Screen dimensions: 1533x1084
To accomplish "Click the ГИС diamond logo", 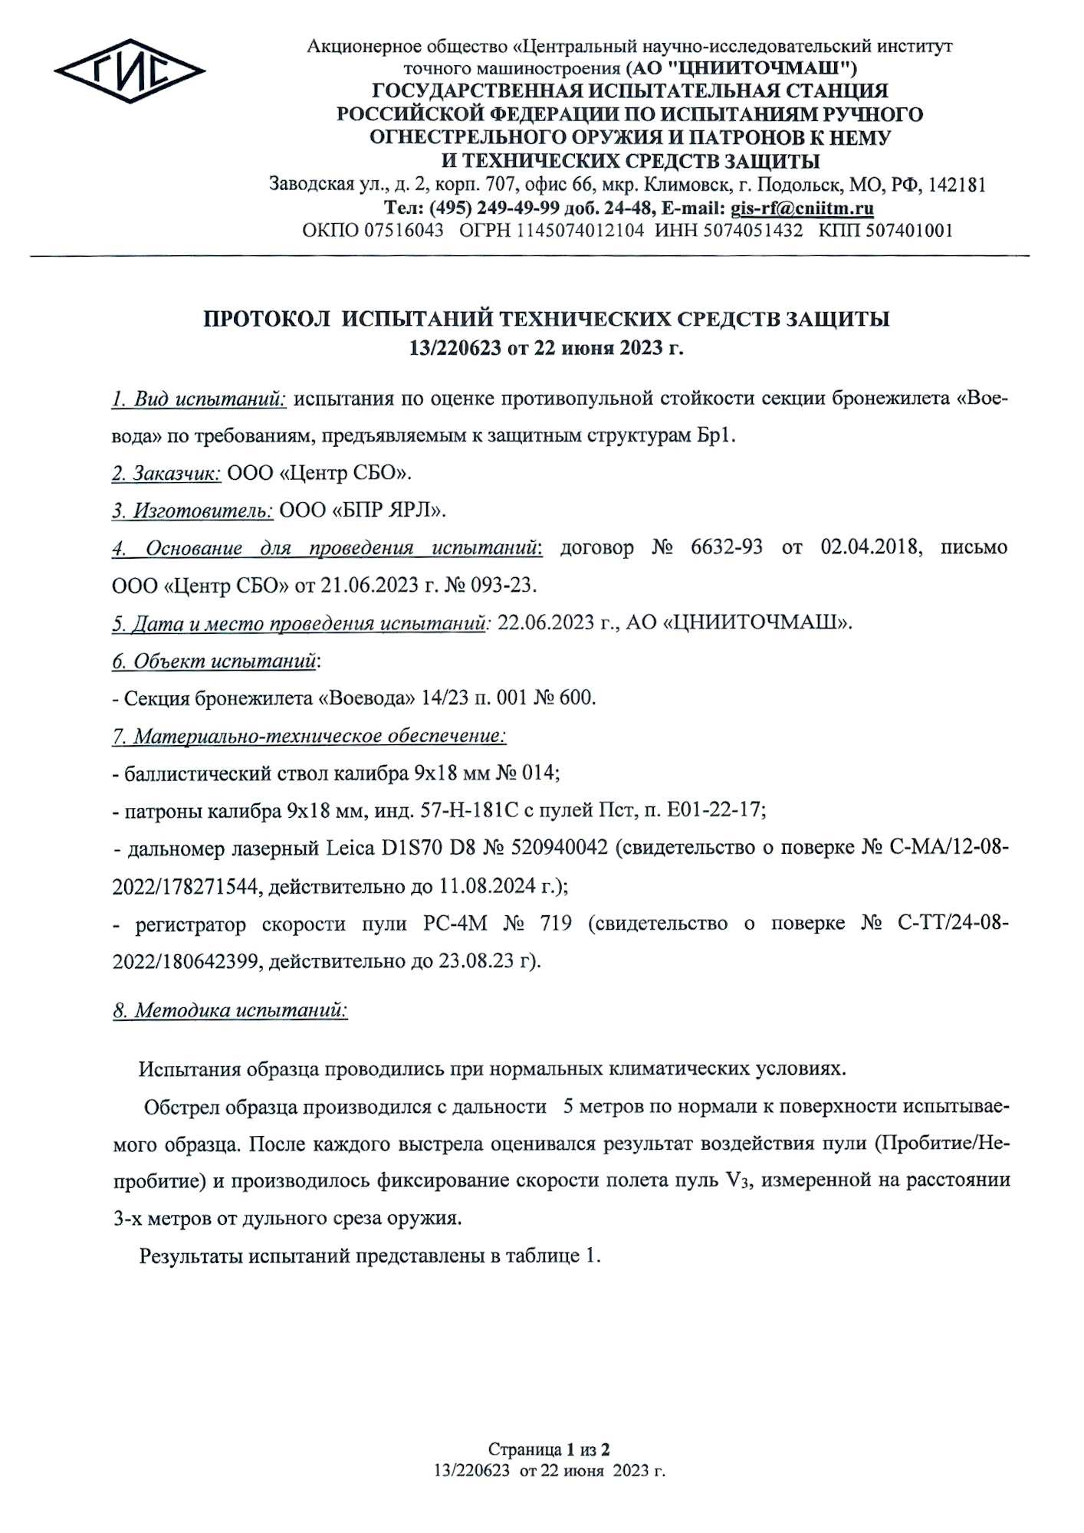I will [x=130, y=73].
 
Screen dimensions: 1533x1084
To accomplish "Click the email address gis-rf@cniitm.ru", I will [x=803, y=208].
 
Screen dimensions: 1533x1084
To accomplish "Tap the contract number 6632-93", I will [x=721, y=548].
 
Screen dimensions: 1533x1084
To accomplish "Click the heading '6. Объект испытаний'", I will [x=215, y=661].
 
